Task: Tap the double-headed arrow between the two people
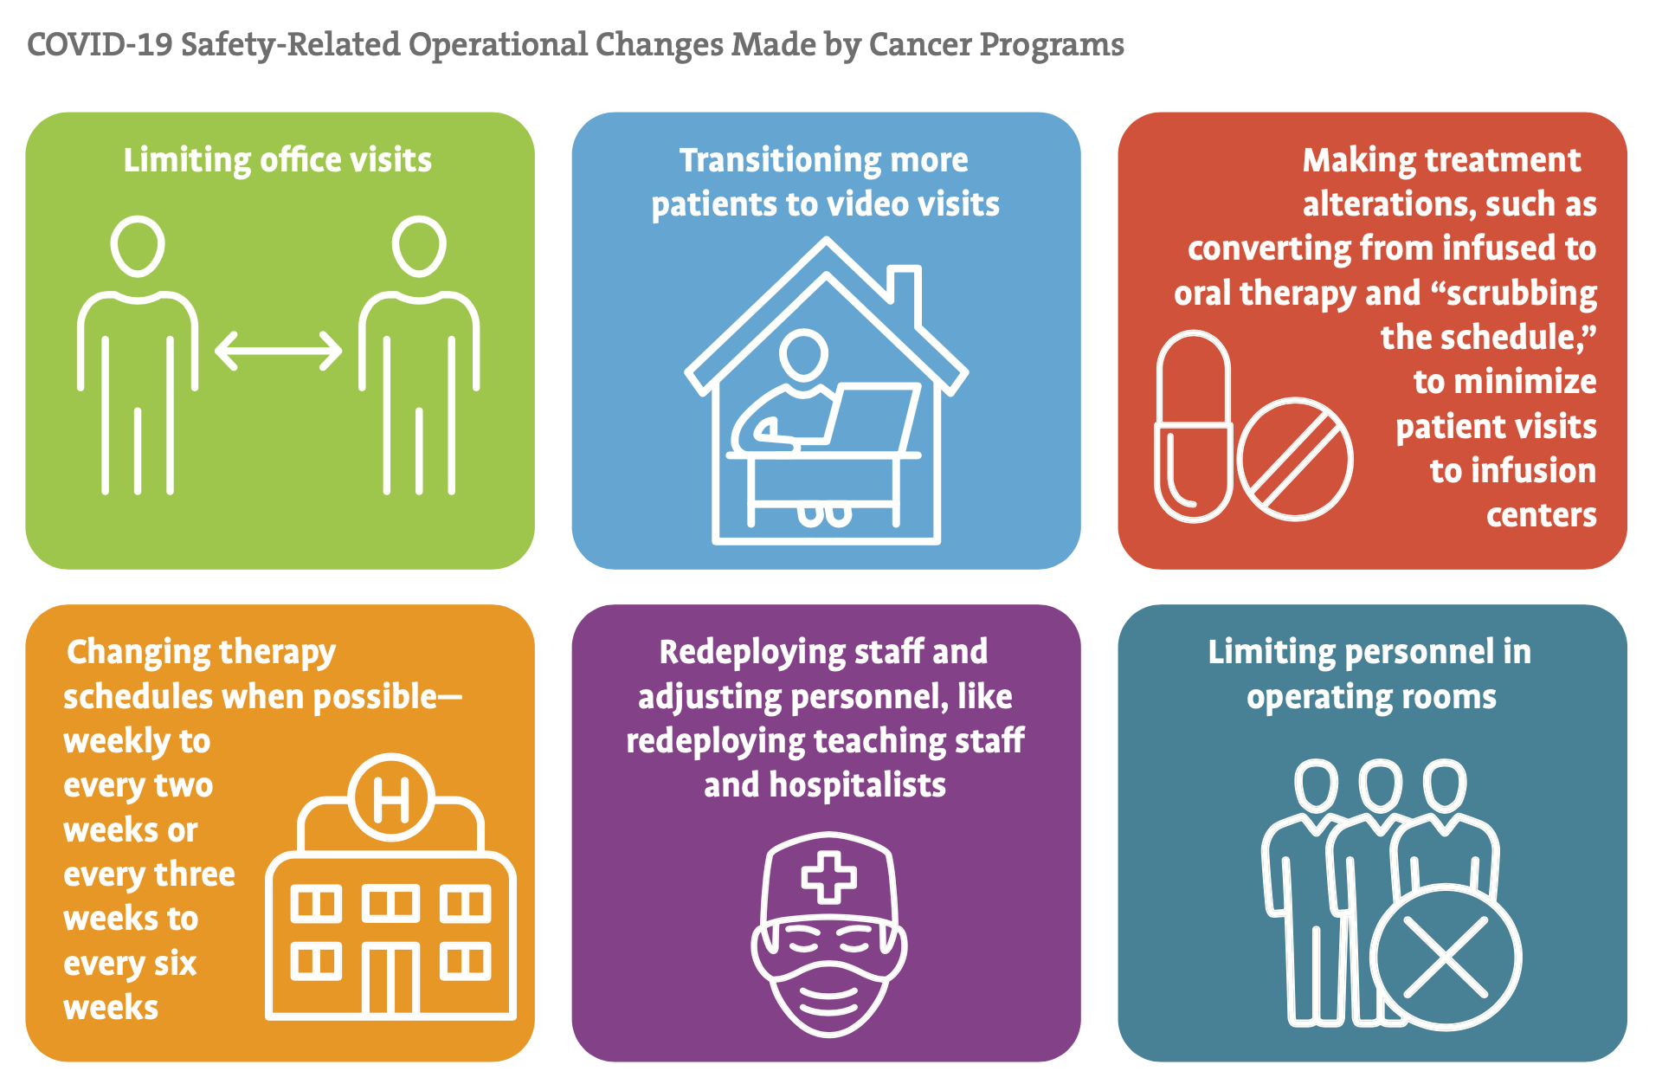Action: click(279, 351)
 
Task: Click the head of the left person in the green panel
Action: click(138, 246)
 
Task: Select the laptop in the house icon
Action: click(870, 416)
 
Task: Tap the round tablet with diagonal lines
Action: click(1295, 459)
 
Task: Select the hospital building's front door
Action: click(391, 979)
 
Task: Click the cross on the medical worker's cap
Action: click(829, 877)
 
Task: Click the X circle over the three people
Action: click(1445, 957)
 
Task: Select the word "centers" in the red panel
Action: click(1542, 516)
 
